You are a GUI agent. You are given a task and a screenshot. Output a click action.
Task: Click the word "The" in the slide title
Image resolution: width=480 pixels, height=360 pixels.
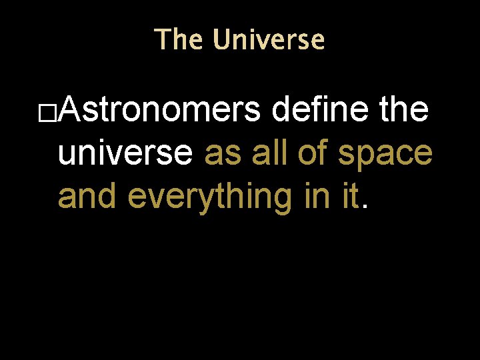pos(177,40)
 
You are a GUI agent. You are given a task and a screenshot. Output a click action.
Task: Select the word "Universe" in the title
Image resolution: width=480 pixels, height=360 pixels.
pos(269,40)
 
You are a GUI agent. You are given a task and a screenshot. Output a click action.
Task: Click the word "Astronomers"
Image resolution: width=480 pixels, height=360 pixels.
pos(160,110)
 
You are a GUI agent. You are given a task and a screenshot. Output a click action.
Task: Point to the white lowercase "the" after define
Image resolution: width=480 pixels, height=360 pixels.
pos(403,110)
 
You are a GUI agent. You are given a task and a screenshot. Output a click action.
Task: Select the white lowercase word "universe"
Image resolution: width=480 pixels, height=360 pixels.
pos(125,153)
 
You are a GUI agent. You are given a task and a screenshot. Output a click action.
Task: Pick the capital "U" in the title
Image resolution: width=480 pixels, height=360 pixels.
pos(223,40)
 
